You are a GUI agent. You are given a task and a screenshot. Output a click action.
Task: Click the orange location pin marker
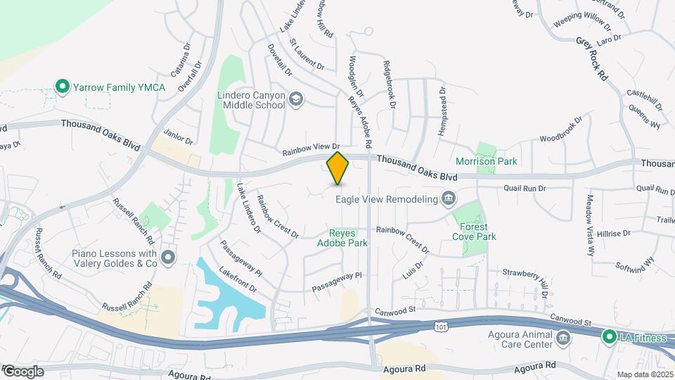pos(338,168)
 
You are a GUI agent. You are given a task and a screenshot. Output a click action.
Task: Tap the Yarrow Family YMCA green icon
pos(62,87)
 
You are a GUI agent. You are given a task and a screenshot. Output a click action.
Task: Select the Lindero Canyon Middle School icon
pos(295,99)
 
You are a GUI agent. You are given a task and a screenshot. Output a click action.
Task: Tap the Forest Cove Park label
pos(477,232)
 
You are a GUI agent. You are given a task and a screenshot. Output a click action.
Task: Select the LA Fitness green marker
pos(609,338)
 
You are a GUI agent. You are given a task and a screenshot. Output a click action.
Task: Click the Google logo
pos(23,371)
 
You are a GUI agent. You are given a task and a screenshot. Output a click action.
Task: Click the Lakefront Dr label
pos(238,279)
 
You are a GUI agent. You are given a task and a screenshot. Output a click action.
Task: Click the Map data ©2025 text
pos(644,374)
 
